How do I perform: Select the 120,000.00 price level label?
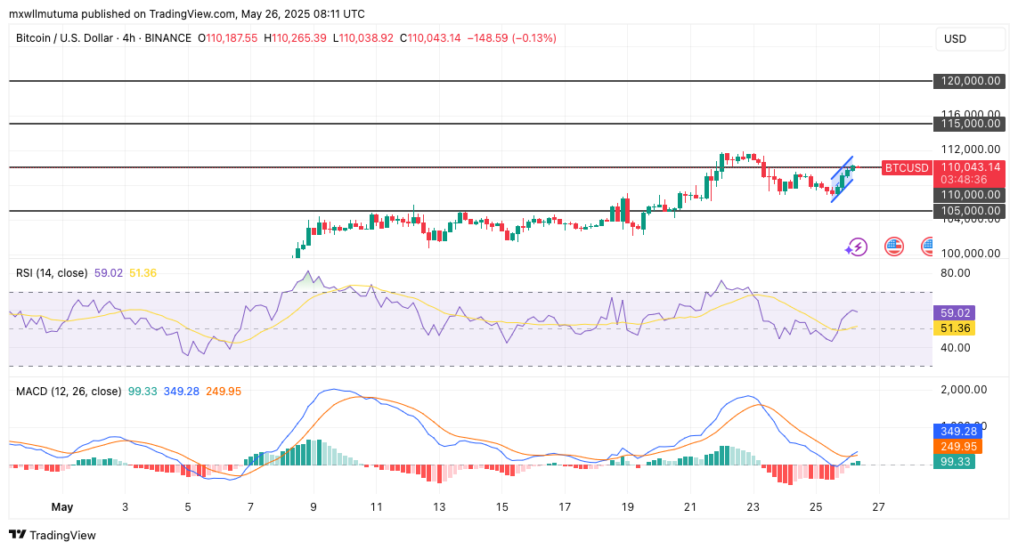point(971,81)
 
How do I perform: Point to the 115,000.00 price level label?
point(971,124)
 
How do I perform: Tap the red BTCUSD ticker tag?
point(907,167)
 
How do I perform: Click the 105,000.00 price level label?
point(971,211)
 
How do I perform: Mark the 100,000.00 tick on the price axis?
point(971,253)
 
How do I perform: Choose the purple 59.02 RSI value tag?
point(952,313)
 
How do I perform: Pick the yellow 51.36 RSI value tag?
point(952,328)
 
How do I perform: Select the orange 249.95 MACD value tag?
point(952,447)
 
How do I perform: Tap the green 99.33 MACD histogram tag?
point(952,462)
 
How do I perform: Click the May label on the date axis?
point(62,506)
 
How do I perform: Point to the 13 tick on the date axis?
point(439,506)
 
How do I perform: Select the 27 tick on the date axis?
point(878,506)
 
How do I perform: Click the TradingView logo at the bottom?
point(53,535)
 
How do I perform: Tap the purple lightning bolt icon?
point(856,247)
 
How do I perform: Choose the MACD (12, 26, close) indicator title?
point(68,391)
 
